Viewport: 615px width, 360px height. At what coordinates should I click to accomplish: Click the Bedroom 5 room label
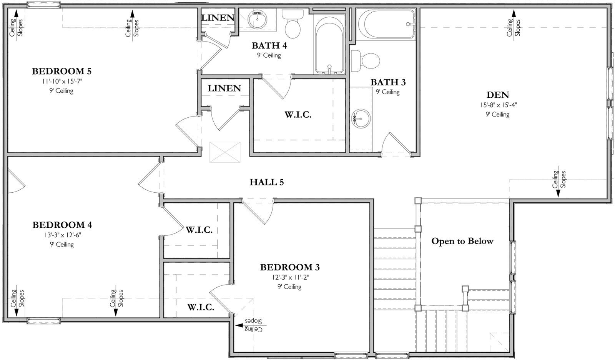pos(61,71)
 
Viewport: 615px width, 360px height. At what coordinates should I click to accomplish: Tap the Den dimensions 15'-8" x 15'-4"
pos(498,105)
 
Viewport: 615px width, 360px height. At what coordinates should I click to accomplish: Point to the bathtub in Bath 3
pos(386,24)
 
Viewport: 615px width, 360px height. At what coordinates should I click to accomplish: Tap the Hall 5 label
pos(267,182)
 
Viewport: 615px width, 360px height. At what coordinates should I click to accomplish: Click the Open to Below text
pos(462,241)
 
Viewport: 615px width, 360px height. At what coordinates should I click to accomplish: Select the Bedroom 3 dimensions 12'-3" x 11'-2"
pos(289,277)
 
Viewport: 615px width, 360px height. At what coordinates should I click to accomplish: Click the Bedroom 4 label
pos(62,225)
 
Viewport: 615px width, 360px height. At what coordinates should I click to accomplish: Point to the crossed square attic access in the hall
pos(225,152)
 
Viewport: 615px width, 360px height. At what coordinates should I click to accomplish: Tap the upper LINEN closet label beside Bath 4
pos(218,17)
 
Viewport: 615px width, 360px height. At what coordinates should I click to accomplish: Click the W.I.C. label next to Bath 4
pos(298,115)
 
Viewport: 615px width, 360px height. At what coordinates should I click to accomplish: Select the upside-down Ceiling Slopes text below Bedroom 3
pos(252,325)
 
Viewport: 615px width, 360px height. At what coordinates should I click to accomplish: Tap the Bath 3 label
pos(388,82)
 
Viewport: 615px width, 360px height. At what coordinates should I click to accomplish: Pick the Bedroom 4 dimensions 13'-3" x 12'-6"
pos(62,235)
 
